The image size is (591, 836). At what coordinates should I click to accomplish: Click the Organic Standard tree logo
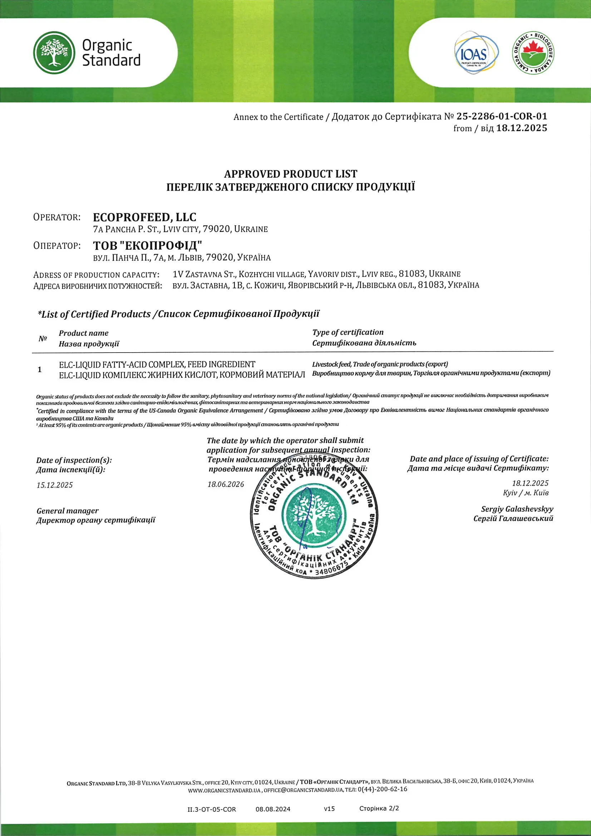[x=54, y=53]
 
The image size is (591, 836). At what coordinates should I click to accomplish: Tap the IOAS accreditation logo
[x=476, y=53]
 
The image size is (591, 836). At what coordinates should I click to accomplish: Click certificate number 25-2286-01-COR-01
[x=502, y=117]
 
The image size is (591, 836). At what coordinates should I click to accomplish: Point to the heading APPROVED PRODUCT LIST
[x=291, y=174]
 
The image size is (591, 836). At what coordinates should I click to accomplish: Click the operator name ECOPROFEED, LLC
[x=144, y=217]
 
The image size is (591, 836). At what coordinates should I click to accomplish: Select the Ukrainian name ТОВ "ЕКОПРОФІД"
[x=147, y=246]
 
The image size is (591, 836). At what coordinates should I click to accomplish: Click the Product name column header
[x=84, y=333]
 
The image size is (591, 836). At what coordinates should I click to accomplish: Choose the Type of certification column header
[x=348, y=332]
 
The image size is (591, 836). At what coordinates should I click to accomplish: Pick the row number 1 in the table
[x=40, y=370]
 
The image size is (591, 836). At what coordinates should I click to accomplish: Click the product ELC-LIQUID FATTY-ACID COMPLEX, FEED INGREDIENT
[x=157, y=364]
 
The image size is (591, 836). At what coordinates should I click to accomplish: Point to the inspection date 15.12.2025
[x=55, y=485]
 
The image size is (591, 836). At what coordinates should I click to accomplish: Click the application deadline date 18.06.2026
[x=226, y=484]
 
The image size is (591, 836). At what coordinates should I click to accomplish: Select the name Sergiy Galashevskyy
[x=517, y=509]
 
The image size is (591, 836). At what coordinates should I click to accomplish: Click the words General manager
[x=68, y=511]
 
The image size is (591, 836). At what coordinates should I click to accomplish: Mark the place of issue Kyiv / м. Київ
[x=526, y=493]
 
